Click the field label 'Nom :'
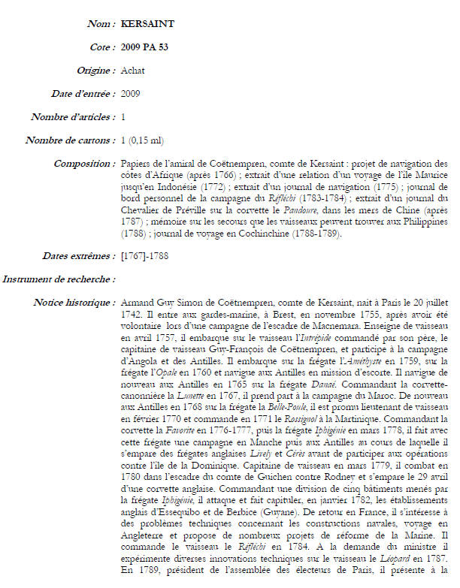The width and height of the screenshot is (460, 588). tap(101, 24)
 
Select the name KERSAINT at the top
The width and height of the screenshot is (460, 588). tap(147, 24)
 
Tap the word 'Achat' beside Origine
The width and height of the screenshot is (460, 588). tap(133, 71)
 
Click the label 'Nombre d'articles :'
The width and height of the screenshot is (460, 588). tap(73, 117)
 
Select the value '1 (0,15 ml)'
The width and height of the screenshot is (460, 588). tap(142, 140)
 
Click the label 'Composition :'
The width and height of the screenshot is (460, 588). tap(83, 164)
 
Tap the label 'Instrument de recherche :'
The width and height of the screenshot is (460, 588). tap(59, 280)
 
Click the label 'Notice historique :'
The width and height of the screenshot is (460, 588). tap(74, 303)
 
